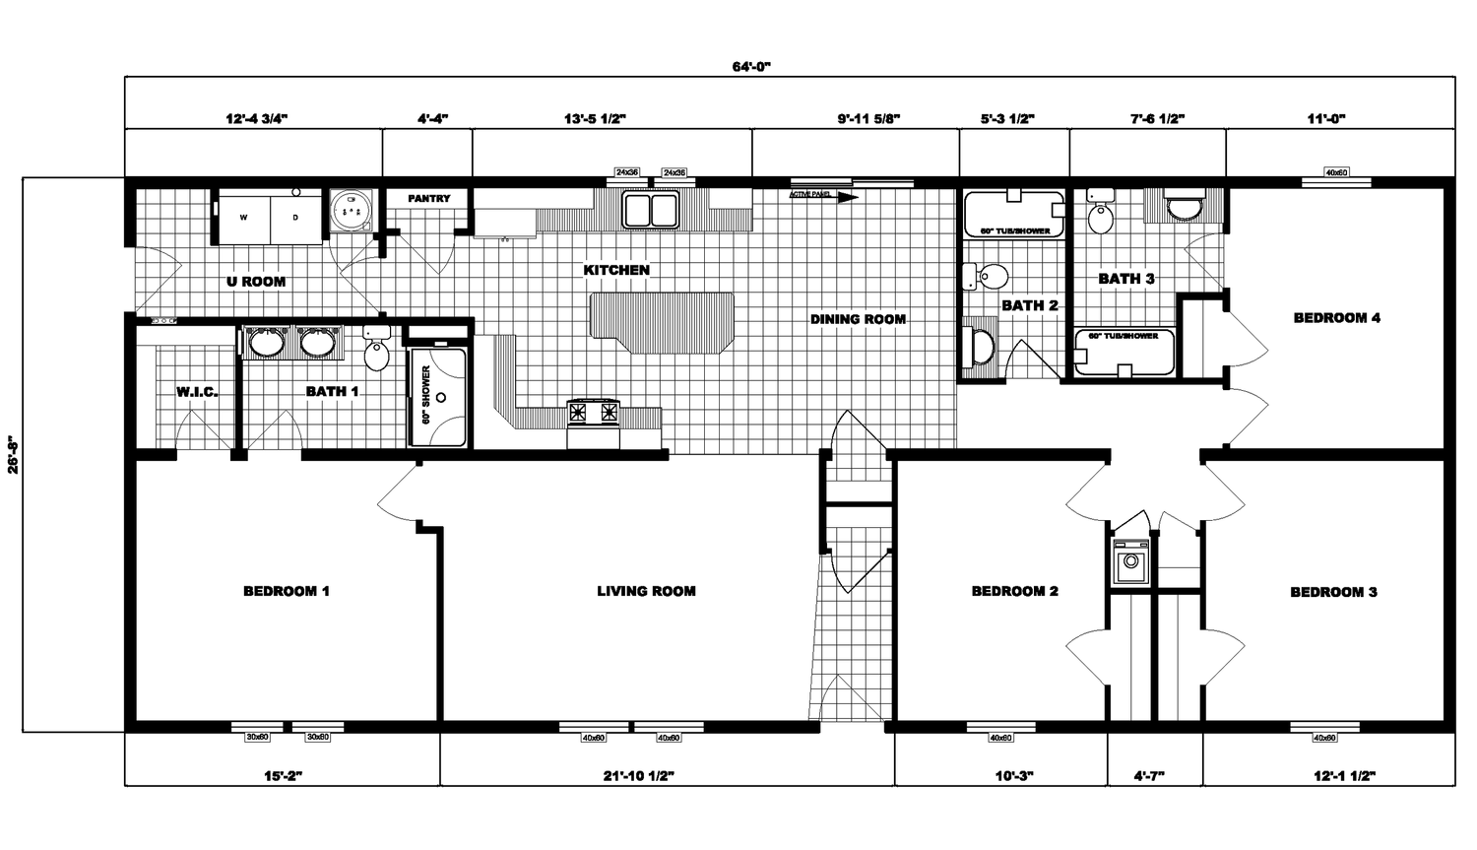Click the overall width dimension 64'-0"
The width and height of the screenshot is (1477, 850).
click(750, 67)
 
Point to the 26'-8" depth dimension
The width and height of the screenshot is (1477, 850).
click(13, 455)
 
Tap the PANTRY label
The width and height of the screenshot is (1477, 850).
click(428, 199)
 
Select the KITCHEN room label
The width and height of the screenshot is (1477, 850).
click(616, 270)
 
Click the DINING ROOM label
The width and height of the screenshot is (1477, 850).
click(858, 319)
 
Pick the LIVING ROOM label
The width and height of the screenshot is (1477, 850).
click(646, 592)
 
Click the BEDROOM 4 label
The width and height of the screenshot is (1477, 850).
click(1336, 318)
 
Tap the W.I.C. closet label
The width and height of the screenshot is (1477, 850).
click(197, 392)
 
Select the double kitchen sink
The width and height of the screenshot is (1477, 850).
click(650, 209)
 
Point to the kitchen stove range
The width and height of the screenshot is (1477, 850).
click(594, 412)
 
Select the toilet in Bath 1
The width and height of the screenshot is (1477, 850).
click(376, 353)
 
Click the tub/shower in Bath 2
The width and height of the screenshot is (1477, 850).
click(1014, 214)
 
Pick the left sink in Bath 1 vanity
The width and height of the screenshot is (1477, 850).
click(265, 343)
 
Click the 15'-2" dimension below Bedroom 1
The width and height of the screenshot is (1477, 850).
click(283, 776)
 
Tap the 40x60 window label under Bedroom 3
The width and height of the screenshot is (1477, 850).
click(1324, 738)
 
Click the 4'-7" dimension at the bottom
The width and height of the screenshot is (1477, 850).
click(1149, 776)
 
